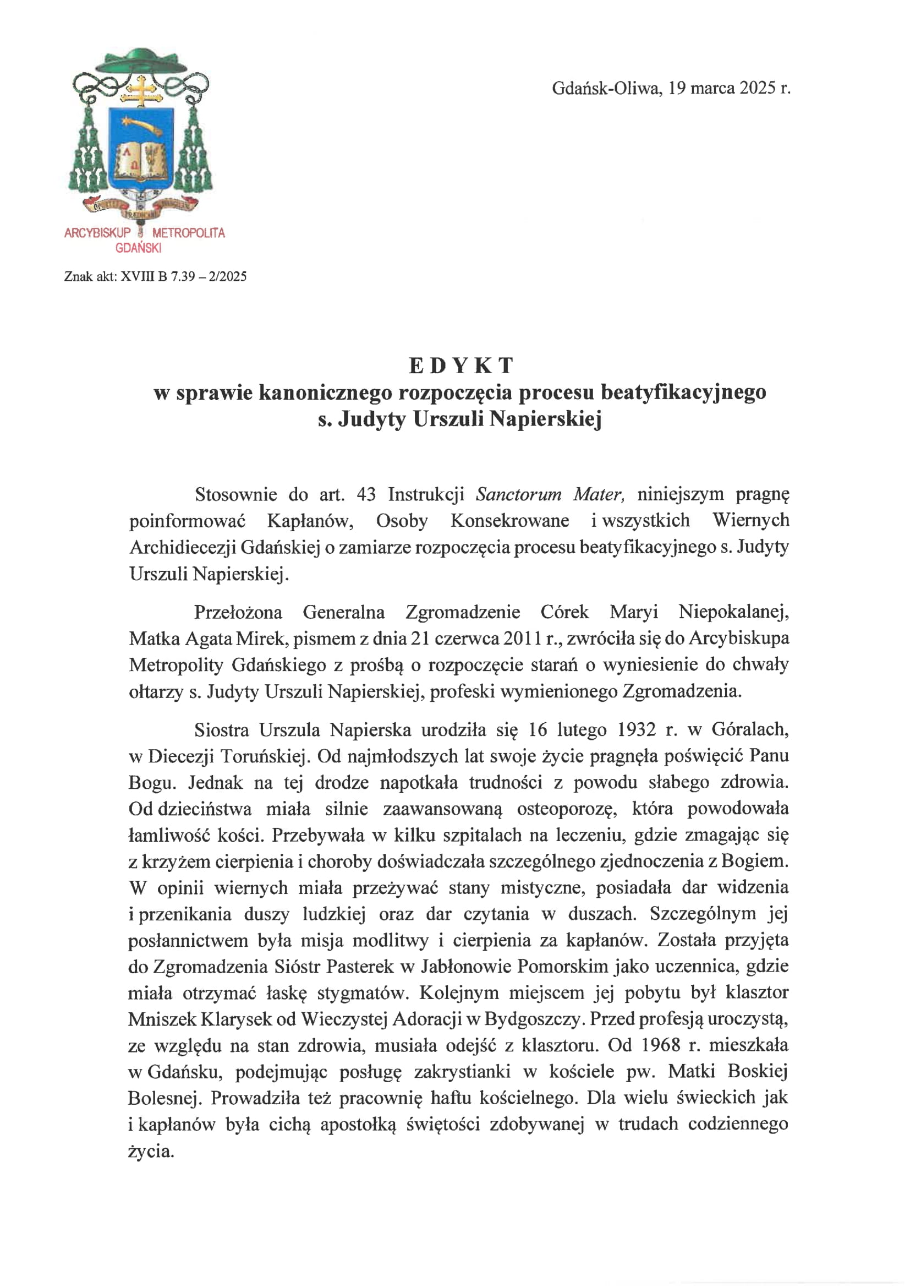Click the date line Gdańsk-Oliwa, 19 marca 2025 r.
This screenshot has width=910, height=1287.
click(671, 89)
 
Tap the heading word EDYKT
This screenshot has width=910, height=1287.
click(461, 366)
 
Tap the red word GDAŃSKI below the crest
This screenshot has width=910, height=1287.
click(139, 248)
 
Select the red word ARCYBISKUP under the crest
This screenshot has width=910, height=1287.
click(97, 233)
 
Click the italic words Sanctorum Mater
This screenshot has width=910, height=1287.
click(549, 494)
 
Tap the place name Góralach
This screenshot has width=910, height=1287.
click(750, 729)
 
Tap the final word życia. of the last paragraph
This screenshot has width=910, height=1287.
click(151, 1152)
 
